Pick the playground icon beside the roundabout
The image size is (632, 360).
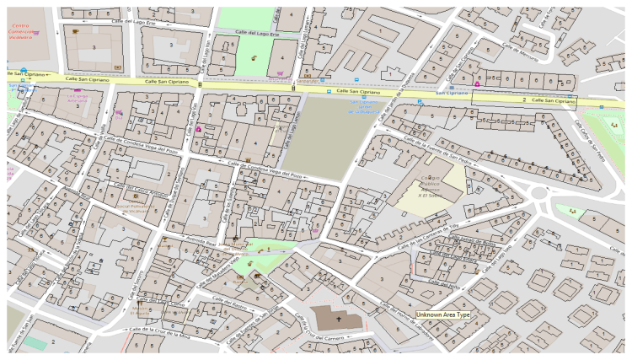(x=572, y=209)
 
